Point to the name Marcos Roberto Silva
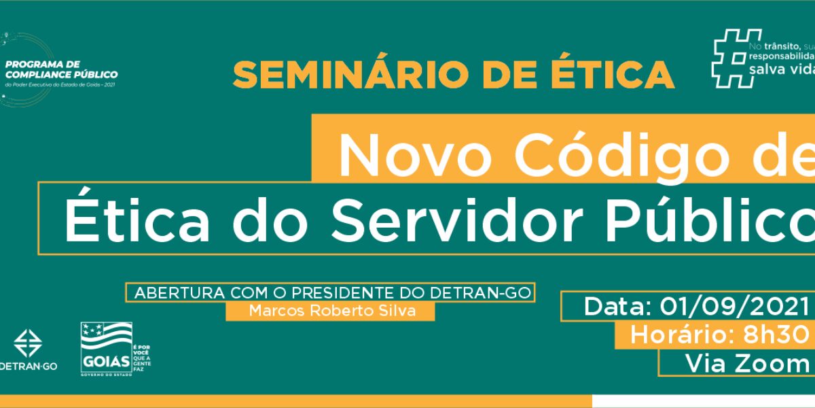(x=331, y=311)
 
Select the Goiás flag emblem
(x=107, y=336)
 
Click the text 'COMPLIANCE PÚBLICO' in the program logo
(x=61, y=74)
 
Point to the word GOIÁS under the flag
(x=106, y=360)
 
